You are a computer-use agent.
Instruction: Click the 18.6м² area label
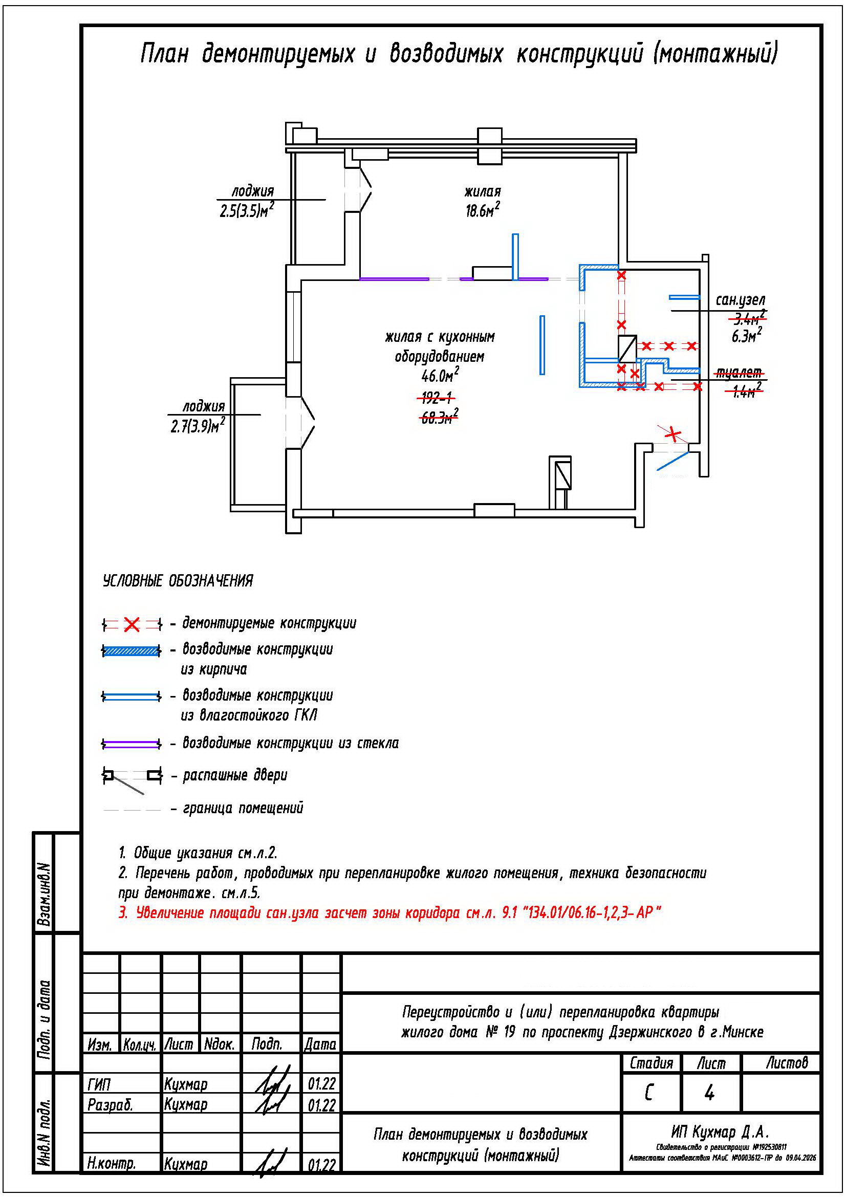[482, 210]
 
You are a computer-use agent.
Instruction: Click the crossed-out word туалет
[739, 373]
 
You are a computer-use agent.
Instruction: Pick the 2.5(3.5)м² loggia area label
[247, 211]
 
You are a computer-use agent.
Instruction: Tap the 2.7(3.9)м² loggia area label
[198, 426]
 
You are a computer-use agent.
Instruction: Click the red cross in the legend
[132, 623]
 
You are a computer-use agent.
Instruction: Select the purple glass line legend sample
[132, 744]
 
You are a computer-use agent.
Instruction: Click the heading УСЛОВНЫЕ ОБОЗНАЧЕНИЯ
[178, 580]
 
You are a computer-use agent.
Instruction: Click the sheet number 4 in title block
[709, 1092]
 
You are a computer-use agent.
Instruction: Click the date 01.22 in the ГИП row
[321, 1083]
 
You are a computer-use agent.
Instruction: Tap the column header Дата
[320, 1043]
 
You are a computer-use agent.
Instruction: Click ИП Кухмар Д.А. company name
[720, 1131]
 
